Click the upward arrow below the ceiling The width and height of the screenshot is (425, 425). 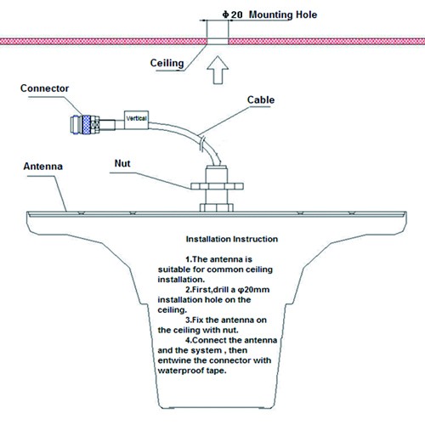[218, 70]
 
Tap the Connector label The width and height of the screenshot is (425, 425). [44, 88]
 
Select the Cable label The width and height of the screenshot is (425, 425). [261, 100]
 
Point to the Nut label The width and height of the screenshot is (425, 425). [122, 163]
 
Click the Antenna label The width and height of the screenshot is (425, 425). [43, 167]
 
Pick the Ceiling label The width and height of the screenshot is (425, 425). [167, 63]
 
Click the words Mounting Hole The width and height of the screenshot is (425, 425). [283, 14]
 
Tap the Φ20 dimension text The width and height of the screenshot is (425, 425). [232, 14]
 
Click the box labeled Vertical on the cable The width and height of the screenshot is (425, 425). [136, 120]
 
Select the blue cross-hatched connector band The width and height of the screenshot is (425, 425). [86, 125]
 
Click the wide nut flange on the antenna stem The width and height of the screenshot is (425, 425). [217, 186]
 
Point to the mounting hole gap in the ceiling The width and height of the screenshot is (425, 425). [218, 41]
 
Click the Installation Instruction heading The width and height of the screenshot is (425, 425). [232, 239]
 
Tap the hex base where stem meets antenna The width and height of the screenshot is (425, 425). [217, 207]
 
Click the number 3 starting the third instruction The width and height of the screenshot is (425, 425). [188, 320]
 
